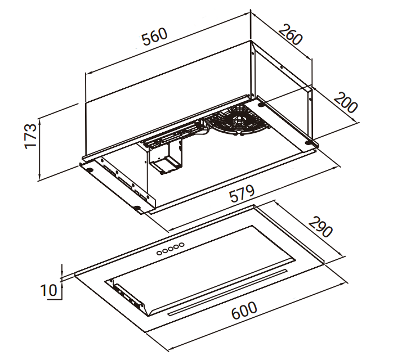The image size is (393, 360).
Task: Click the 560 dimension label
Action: pos(154,37)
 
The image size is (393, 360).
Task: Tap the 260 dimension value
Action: pos(291,35)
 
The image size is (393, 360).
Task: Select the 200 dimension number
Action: pos(345,102)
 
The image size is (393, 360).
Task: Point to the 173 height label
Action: pos(31,136)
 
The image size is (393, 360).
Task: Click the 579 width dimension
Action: pos(242,193)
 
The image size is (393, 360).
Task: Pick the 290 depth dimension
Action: pos(320,227)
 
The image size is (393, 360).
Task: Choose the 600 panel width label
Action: pos(244,310)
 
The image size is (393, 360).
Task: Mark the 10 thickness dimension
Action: pos(49,290)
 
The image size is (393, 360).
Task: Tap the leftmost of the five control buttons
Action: pos(159,253)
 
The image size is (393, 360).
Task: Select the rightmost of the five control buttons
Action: pos(182,245)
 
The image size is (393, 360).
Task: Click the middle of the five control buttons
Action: pos(171,249)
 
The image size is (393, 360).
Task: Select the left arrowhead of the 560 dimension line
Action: pos(88,73)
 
